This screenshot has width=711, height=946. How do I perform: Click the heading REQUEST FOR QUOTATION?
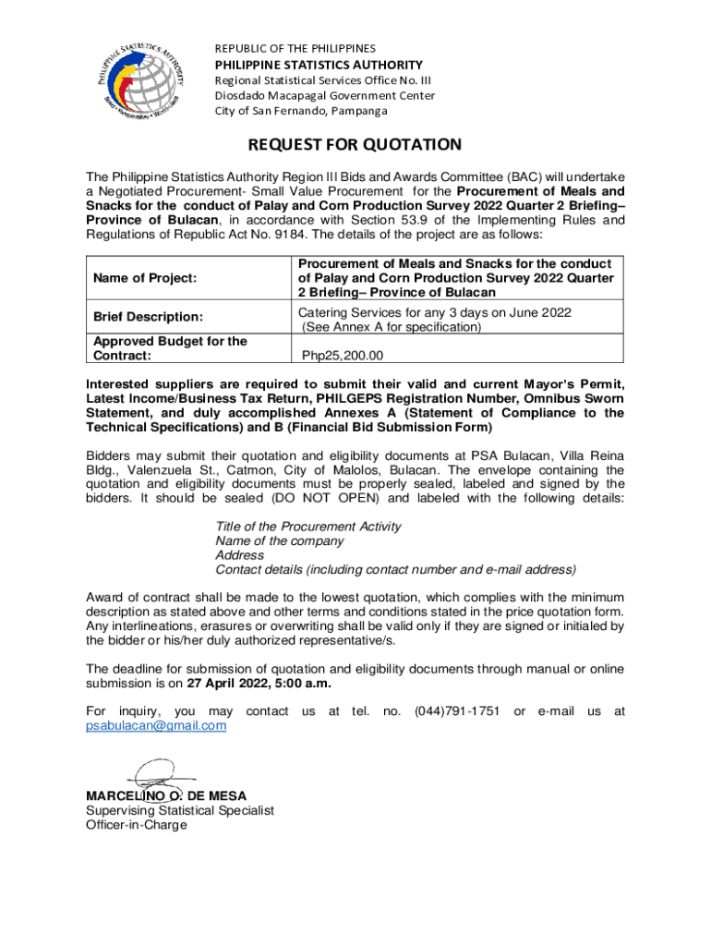pyautogui.click(x=354, y=145)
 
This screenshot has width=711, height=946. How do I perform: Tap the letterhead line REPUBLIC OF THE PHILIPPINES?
pyautogui.click(x=295, y=48)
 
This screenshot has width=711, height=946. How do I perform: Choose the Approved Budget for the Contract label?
pyautogui.click(x=170, y=348)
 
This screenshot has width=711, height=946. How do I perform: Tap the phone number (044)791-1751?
pyautogui.click(x=457, y=710)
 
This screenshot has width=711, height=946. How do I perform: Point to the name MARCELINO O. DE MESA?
pyautogui.click(x=166, y=795)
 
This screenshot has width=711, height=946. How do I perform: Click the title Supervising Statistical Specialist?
pyautogui.click(x=180, y=810)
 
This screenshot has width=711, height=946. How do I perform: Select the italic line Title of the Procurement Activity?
pyautogui.click(x=308, y=526)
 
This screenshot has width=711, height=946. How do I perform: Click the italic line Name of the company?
pyautogui.click(x=280, y=540)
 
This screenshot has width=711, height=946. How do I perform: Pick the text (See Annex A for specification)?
pyautogui.click(x=391, y=327)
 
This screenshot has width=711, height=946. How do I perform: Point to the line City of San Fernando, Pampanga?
pyautogui.click(x=302, y=111)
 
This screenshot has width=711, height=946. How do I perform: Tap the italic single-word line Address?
pyautogui.click(x=240, y=555)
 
